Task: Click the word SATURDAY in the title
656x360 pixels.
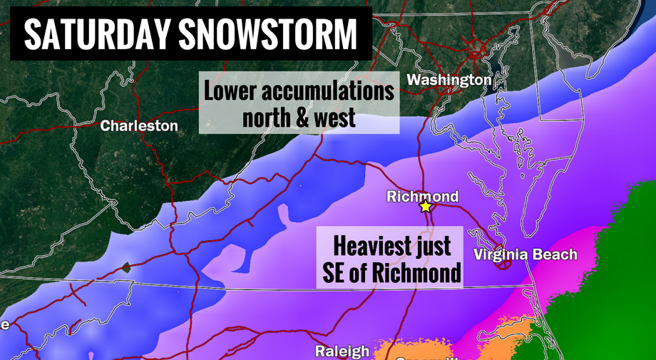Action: pyautogui.click(x=92, y=34)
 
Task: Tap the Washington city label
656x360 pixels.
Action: pyautogui.click(x=449, y=80)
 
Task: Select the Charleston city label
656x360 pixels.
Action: pyautogui.click(x=139, y=126)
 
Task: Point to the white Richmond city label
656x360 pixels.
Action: pyautogui.click(x=422, y=197)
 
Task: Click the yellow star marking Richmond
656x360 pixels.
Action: pyautogui.click(x=426, y=207)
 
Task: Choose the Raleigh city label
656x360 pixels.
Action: pyautogui.click(x=343, y=351)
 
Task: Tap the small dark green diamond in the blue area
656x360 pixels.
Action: pyautogui.click(x=126, y=268)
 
